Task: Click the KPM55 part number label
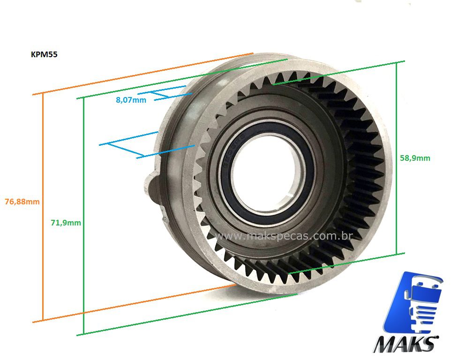tap(44, 54)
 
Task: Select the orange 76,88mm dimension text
tap(22, 202)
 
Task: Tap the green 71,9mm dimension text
tap(66, 223)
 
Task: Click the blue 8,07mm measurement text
tap(131, 100)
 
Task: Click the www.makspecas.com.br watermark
tap(283, 236)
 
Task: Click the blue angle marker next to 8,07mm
tap(164, 94)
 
